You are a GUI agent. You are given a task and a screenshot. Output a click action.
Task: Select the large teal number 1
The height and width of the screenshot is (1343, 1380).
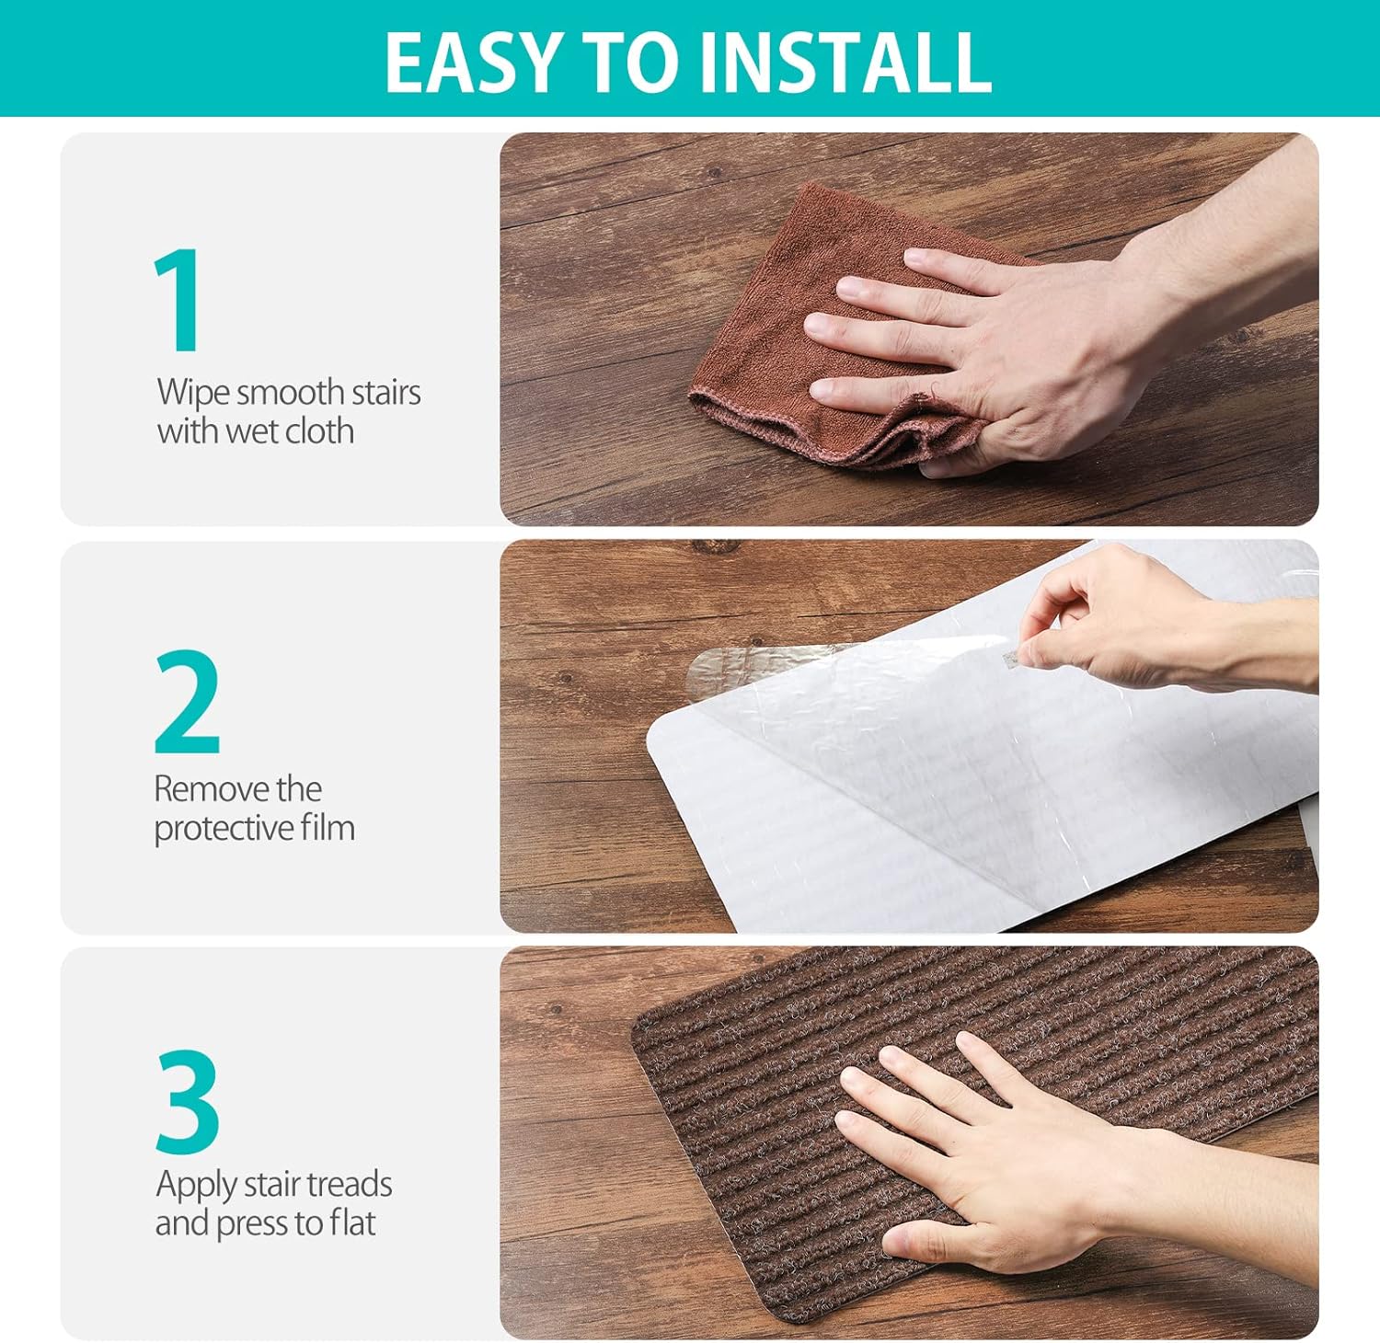tap(178, 300)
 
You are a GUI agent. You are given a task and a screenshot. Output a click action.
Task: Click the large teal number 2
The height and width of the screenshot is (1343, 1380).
tap(188, 702)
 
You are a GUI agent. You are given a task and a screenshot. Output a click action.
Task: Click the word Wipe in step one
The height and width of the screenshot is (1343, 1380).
tap(193, 393)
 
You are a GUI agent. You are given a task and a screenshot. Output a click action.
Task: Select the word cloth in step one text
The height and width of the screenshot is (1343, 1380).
tap(318, 431)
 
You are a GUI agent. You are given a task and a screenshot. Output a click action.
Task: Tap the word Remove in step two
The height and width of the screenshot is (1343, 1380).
tap(211, 789)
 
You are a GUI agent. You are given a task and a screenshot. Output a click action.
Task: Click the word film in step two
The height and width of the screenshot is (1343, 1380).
tap(327, 829)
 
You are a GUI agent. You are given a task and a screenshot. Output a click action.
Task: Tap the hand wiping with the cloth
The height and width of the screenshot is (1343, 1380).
tap(994, 350)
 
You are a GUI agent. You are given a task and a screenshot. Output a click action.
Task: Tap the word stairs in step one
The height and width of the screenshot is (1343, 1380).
tap(385, 393)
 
